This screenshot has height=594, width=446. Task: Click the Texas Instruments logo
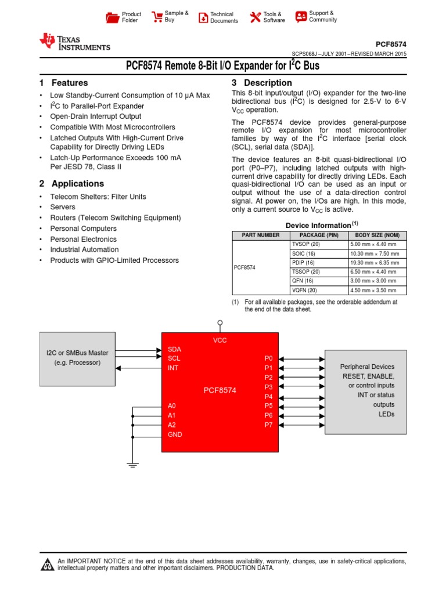[x=74, y=42]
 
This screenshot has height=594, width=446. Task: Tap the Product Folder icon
[x=113, y=17]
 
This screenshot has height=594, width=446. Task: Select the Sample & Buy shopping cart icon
[x=157, y=17]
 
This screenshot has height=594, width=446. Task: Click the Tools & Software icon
[x=256, y=17]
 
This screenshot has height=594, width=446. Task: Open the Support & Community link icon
[x=301, y=17]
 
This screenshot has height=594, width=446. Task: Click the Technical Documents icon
[x=203, y=17]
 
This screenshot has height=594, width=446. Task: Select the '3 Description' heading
[x=261, y=83]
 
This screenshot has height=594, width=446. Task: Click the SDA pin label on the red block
[x=174, y=349]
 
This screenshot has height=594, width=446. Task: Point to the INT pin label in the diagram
[x=172, y=368]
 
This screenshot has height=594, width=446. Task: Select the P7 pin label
[x=268, y=425]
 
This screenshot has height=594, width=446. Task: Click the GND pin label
[x=175, y=434]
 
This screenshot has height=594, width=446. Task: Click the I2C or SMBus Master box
[x=77, y=358]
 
